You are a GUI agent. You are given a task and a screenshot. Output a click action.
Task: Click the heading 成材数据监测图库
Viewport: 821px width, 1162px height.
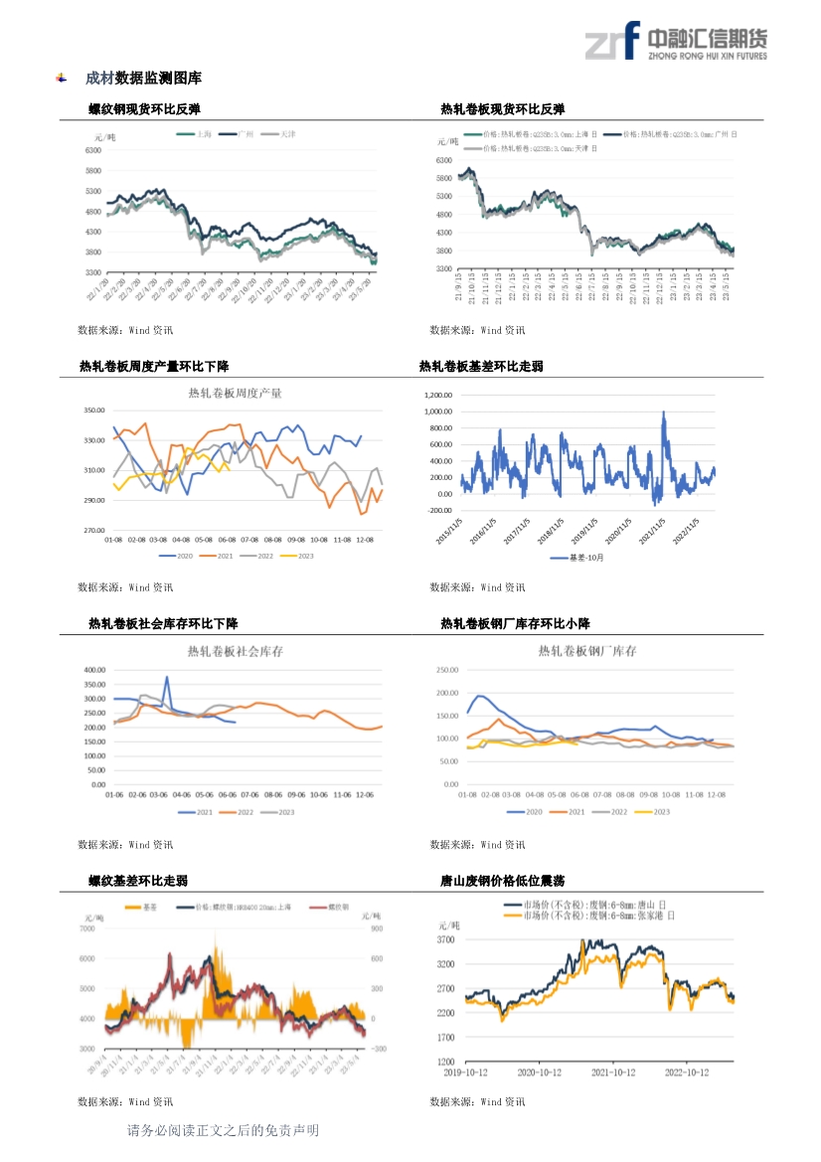(143, 78)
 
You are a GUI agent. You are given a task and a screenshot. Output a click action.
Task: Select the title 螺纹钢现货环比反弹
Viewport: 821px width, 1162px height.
(151, 109)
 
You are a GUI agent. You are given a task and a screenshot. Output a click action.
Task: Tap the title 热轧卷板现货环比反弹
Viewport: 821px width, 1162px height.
(503, 109)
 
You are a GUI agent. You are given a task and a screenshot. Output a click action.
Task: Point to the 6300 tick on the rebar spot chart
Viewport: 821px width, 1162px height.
(92, 150)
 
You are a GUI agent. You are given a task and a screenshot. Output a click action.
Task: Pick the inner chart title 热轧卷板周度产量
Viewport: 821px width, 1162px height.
(236, 394)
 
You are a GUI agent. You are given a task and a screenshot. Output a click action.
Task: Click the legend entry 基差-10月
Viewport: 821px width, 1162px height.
(576, 558)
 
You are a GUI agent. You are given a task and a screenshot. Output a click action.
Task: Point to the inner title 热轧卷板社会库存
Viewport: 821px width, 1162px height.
(236, 652)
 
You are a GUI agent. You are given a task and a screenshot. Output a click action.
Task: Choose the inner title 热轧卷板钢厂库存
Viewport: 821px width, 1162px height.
(587, 651)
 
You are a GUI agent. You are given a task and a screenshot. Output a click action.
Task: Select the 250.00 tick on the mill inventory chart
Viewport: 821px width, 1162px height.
(446, 670)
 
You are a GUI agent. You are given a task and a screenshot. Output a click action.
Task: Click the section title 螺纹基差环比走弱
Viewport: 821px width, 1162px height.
(138, 881)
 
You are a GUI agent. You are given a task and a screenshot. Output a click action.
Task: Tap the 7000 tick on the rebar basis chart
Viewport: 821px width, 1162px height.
(86, 928)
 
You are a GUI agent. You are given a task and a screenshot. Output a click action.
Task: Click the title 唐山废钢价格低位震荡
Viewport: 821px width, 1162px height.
(503, 881)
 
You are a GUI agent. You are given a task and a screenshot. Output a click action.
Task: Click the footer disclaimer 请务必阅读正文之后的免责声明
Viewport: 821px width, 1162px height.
(223, 1130)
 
